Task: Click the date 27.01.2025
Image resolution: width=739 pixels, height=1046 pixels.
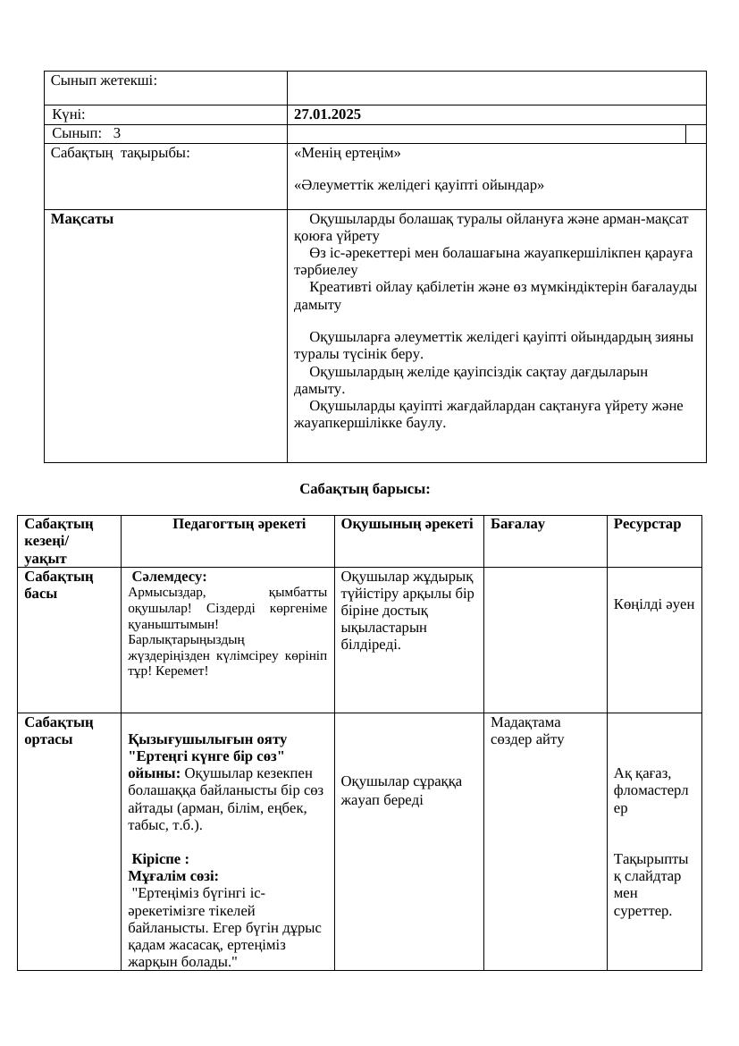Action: (327, 114)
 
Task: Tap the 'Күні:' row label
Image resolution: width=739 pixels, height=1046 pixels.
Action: (69, 114)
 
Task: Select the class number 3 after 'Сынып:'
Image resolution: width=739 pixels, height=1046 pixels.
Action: (117, 133)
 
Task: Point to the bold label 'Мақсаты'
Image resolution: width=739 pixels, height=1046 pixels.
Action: (82, 219)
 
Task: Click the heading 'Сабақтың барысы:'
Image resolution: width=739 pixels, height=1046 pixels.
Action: (365, 489)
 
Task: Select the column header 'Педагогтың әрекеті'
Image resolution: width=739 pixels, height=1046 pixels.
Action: (239, 524)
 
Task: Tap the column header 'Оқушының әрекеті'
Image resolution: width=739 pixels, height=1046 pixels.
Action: (407, 524)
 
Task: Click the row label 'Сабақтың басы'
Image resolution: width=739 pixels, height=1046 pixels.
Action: (58, 585)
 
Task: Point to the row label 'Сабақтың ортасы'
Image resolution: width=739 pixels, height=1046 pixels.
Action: (58, 730)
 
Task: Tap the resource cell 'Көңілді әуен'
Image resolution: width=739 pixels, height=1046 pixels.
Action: (653, 604)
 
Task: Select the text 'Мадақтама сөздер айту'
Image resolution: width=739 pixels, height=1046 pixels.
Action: (527, 730)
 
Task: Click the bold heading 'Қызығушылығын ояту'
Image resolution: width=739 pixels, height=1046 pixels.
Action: (207, 739)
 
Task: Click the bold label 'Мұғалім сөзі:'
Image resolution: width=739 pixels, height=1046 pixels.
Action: (173, 876)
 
